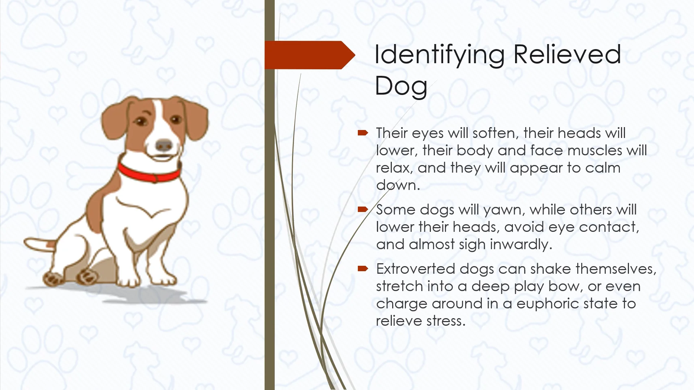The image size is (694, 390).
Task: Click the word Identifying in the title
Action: (x=439, y=55)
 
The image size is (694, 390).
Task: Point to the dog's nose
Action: (x=164, y=145)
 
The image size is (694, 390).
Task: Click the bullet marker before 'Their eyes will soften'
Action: (x=363, y=133)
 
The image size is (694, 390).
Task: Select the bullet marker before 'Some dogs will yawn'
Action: (x=363, y=209)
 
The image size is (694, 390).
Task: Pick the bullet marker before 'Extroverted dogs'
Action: (x=363, y=269)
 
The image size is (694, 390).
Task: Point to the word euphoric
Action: (x=545, y=304)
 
